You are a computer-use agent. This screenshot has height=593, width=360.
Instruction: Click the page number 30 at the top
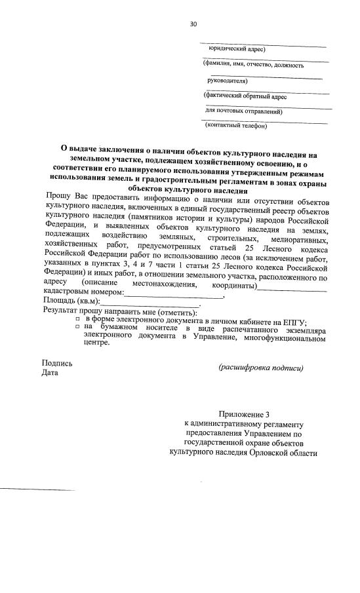[193, 24]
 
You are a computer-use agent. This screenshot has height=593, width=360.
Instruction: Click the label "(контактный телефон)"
[236, 125]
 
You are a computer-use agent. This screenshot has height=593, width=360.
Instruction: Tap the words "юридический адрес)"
[237, 49]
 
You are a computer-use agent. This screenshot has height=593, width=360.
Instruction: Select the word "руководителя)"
[227, 81]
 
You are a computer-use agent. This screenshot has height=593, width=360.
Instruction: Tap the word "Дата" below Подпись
[49, 373]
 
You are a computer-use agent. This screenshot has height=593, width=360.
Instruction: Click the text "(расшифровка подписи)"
[261, 368]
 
